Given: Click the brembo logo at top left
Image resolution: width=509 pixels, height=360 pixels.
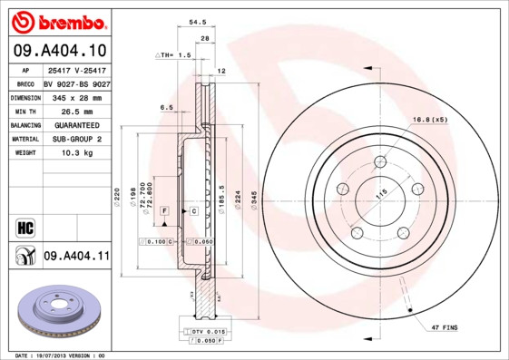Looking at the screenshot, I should coord(56,20).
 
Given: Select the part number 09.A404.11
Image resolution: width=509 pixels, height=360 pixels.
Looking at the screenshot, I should coord(75,258).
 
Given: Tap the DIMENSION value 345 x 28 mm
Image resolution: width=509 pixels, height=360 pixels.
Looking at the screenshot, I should coord(74,96).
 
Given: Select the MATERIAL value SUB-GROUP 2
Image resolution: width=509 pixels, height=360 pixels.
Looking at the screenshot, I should coord(72,139).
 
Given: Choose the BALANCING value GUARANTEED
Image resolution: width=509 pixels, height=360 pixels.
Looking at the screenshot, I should coord(72,124).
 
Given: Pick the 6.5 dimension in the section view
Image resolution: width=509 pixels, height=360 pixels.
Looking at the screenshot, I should coord(166,107).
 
